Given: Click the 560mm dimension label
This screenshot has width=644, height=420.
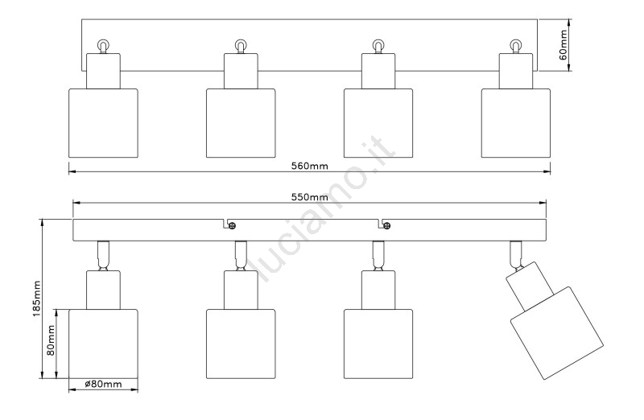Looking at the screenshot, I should click(x=309, y=166).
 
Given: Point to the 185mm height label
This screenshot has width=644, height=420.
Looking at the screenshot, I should click(x=36, y=299).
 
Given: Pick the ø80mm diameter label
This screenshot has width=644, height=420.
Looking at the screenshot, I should click(x=103, y=385).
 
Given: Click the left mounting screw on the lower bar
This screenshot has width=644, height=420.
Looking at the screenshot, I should click(x=230, y=225).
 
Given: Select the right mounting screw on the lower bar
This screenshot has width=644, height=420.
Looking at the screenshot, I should click(x=386, y=225).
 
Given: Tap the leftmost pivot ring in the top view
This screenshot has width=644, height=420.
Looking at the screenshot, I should click(x=103, y=46).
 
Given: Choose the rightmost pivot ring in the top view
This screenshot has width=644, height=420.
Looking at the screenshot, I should click(x=515, y=46).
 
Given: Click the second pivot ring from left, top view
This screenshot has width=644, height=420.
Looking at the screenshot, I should click(x=240, y=46).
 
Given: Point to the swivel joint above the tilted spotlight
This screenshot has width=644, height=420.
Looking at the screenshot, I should click(x=515, y=254).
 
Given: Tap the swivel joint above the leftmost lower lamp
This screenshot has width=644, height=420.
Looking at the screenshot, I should click(x=103, y=254).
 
